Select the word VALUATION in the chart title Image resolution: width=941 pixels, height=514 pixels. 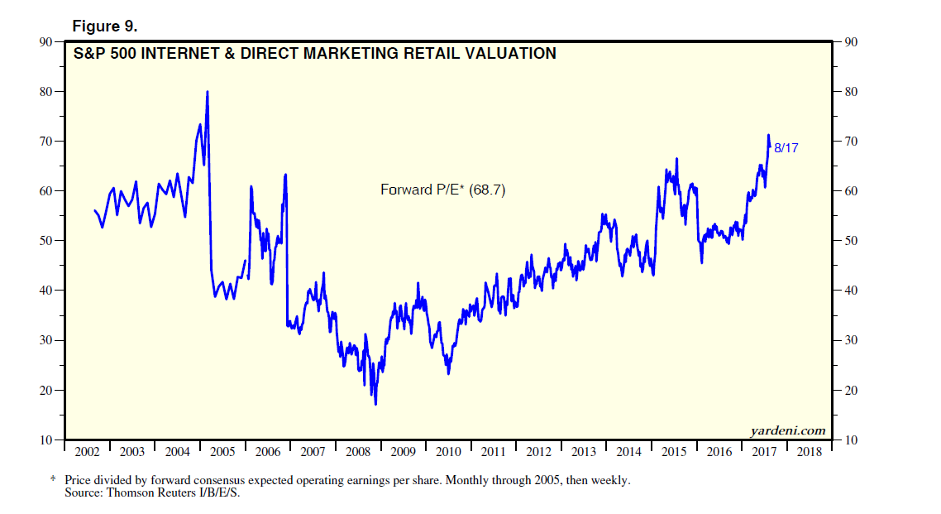504,54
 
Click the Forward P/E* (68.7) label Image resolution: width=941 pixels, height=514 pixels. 442,190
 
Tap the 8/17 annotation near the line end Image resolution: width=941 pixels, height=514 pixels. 786,147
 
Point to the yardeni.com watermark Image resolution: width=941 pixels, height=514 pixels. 788,430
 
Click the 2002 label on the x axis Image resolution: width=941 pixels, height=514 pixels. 87,452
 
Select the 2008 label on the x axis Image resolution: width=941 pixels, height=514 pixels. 358,452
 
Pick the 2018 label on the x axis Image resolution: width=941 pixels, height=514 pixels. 810,452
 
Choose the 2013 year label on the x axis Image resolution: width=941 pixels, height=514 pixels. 584,452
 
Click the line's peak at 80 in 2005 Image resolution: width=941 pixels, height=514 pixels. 207,92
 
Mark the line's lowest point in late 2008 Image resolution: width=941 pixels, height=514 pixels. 375,404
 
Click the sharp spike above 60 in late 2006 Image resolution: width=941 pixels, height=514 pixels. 285,175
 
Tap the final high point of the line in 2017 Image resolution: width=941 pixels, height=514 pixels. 768,135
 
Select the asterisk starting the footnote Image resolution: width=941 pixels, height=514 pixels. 54,479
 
